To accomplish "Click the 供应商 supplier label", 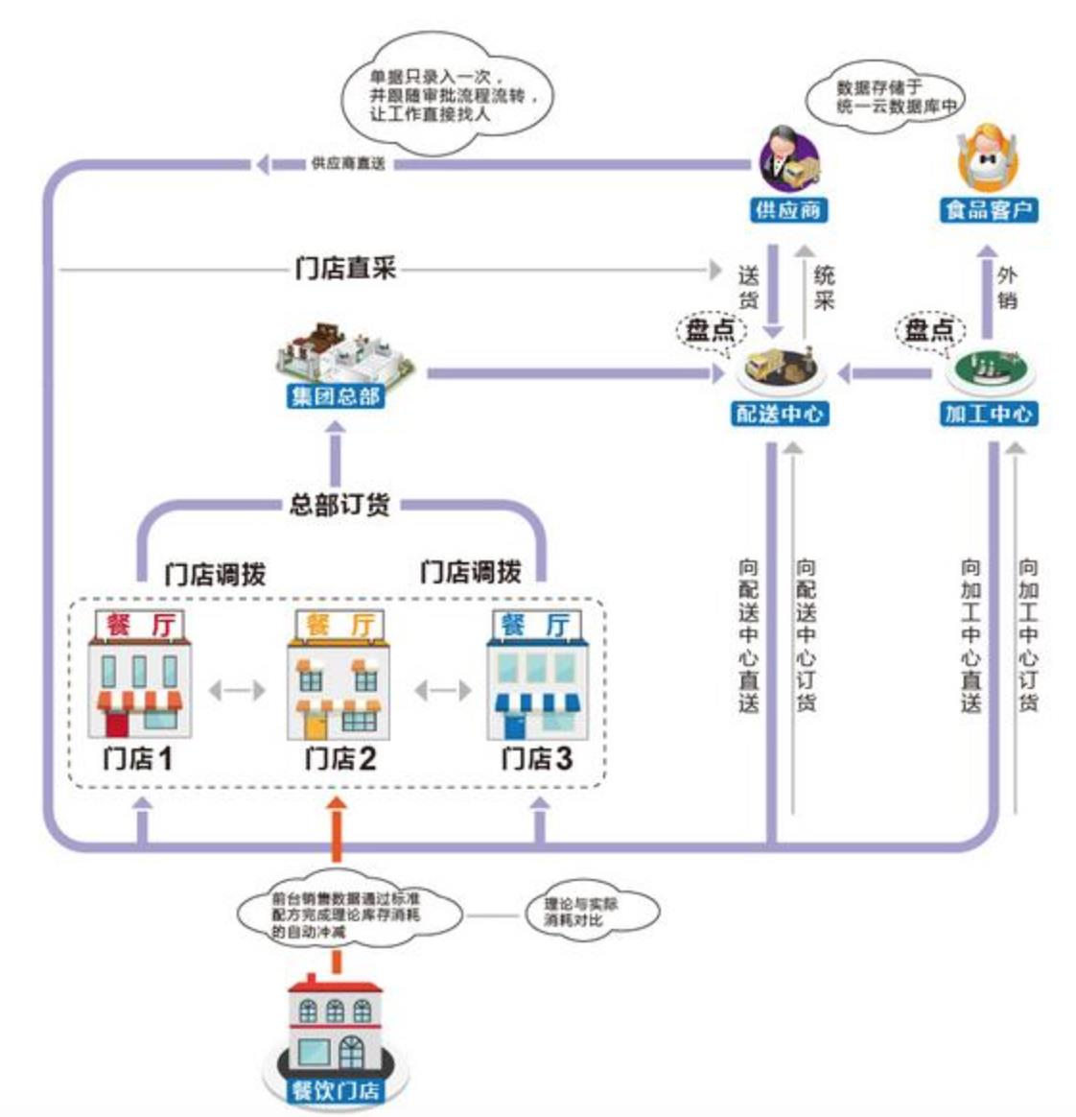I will point(787,210).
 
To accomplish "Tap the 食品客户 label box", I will point(989,210).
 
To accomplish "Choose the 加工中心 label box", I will point(989,414).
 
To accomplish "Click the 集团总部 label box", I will point(337,395).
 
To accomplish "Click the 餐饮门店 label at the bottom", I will point(335,1090).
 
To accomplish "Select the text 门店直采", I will point(346,268).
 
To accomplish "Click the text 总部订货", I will point(339,504).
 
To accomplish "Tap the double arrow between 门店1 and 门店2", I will point(237,689).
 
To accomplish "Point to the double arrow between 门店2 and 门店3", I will point(442,689).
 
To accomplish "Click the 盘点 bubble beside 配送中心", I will point(711,330).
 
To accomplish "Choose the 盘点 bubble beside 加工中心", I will point(930,330).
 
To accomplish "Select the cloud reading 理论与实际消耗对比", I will point(587,913).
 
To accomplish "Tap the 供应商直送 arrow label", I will point(347,164).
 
